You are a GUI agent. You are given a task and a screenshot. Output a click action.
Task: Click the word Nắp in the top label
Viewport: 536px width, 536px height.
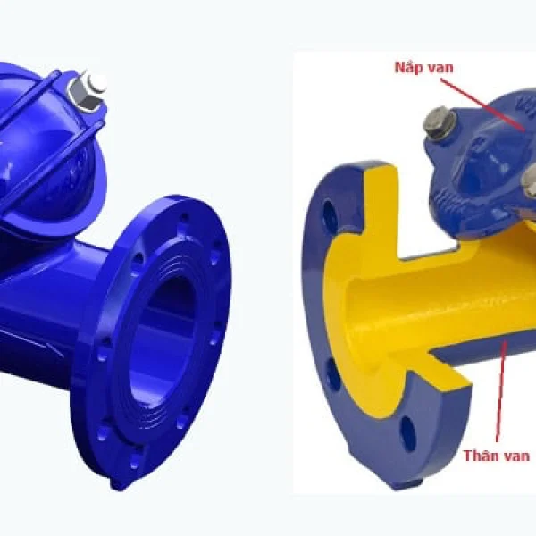click(x=406, y=67)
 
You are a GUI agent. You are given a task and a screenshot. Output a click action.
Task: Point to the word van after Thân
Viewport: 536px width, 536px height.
click(x=517, y=456)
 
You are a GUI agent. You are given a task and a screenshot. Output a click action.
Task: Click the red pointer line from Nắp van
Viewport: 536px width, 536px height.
click(x=482, y=105)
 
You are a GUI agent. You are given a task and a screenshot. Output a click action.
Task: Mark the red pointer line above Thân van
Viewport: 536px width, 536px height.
click(x=500, y=389)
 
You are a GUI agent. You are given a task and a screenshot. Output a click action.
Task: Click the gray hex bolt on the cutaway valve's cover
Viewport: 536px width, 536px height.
click(x=440, y=122)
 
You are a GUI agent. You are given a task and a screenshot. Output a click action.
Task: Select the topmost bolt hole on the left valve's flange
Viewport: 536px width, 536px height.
click(x=185, y=217)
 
